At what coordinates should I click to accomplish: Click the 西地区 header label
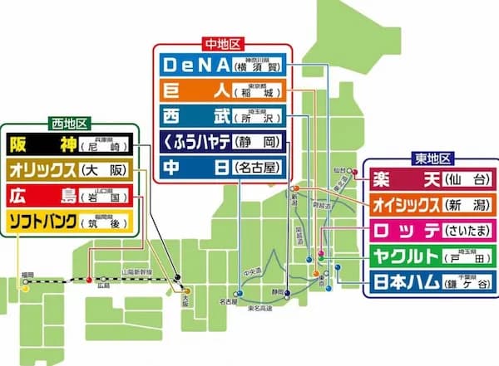(x=67, y=123)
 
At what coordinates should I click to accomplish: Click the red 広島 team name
(x=42, y=196)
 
